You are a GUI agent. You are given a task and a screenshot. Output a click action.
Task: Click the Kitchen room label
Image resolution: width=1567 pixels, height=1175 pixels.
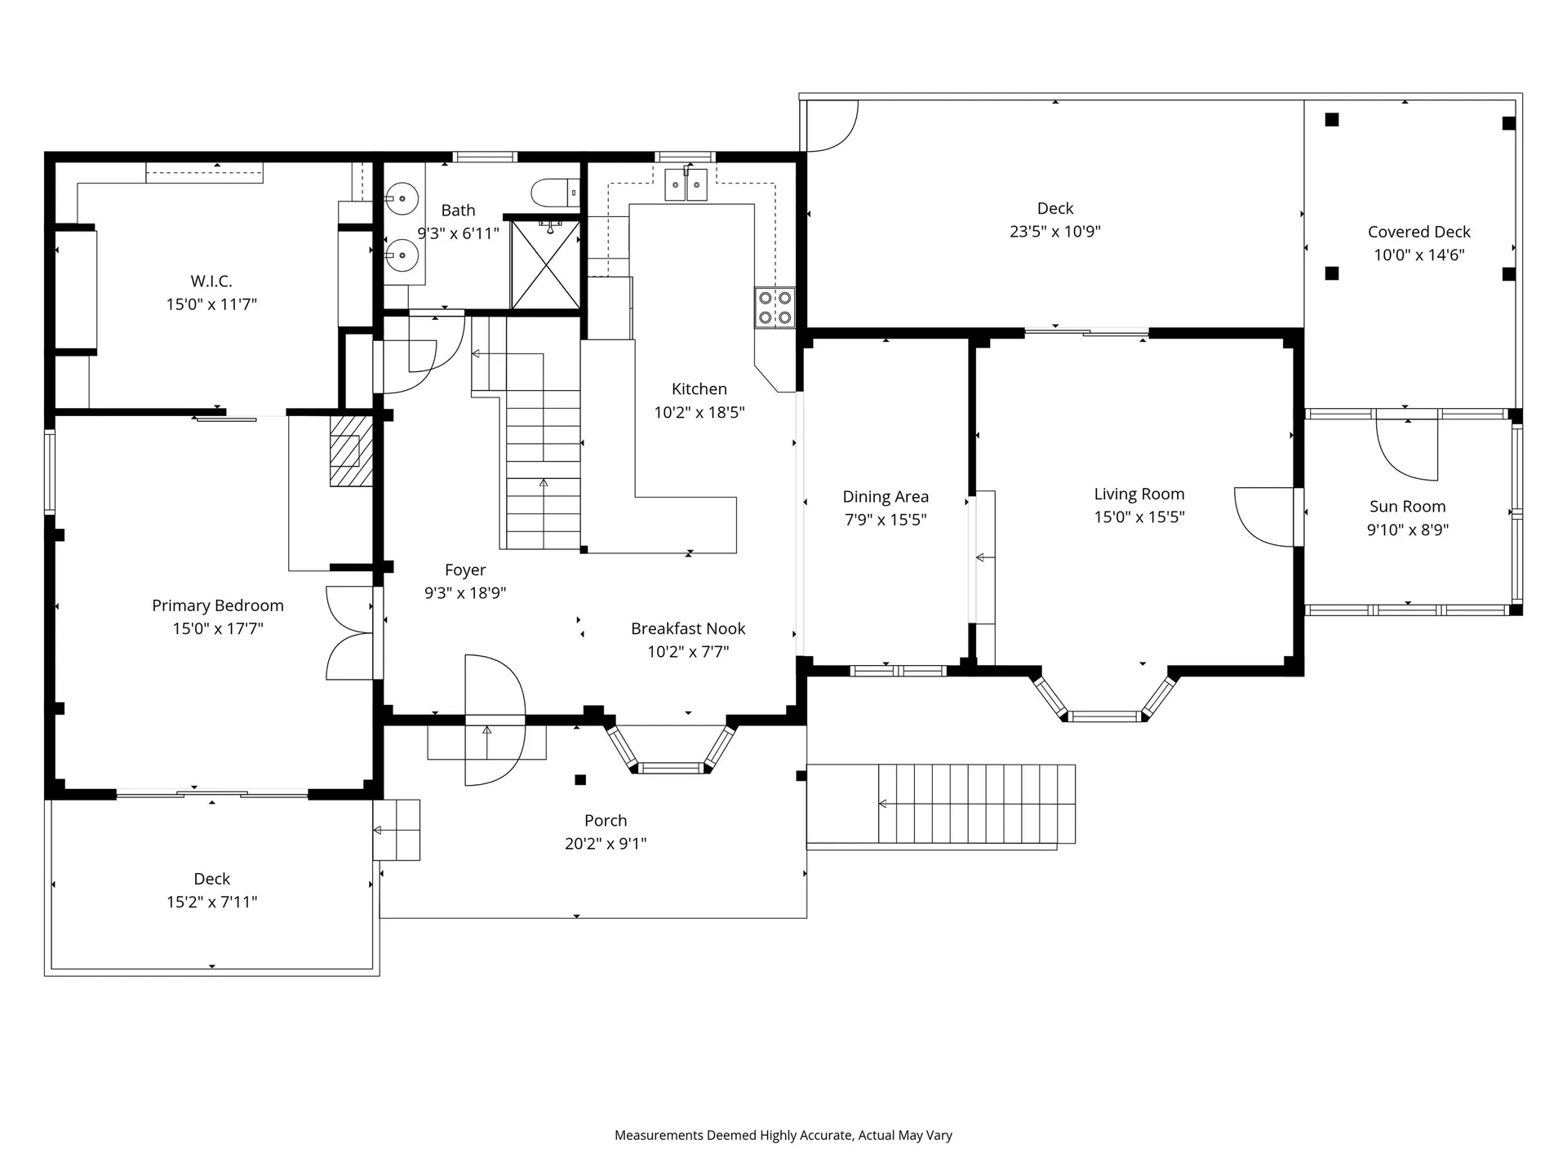pos(699,389)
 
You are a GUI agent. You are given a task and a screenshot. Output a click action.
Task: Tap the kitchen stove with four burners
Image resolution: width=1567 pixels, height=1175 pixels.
pos(774,308)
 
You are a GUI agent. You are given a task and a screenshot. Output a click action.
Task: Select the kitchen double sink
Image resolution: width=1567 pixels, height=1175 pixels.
pos(685,184)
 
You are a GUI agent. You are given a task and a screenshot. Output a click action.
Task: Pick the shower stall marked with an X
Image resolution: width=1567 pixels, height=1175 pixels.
pos(545,264)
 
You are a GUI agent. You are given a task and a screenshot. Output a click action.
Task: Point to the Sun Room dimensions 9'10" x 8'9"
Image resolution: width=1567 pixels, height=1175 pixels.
pos(1407,530)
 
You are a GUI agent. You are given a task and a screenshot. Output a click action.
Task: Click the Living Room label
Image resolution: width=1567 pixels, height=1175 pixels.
pos(1139,494)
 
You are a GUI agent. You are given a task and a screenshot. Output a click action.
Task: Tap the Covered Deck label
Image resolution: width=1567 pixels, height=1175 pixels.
pos(1418,232)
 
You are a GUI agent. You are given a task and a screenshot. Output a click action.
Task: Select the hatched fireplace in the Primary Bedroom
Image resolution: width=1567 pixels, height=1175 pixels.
pos(351,451)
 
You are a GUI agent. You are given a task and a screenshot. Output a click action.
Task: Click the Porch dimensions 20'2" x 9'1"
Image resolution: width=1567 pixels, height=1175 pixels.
pos(605,844)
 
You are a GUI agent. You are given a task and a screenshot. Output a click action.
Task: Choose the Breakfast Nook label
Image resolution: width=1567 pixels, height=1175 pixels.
pos(687,628)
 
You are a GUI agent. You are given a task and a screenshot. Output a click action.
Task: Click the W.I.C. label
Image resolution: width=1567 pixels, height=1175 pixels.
pos(211,281)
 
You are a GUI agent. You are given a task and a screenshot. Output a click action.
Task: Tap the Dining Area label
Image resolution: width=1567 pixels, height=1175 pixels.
pos(885,496)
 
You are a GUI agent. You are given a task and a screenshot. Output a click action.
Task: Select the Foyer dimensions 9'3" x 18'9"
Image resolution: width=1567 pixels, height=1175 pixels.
pos(464,593)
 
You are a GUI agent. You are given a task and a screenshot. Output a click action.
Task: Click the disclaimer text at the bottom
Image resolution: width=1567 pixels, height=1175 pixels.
pos(783,1135)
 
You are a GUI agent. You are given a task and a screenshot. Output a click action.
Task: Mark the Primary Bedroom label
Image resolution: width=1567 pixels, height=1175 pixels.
pos(217,605)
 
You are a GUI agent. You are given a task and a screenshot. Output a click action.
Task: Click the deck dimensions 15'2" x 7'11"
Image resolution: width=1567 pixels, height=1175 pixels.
pos(211,902)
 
